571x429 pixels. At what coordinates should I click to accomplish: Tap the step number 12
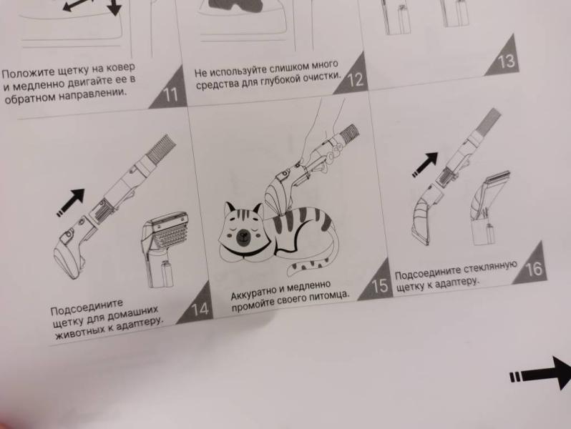point(356,80)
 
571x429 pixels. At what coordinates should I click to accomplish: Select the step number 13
point(506,61)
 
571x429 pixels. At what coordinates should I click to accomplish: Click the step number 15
point(381,286)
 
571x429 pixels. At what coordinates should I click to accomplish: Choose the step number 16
point(534,269)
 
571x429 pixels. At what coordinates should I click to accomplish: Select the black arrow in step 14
point(71,203)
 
